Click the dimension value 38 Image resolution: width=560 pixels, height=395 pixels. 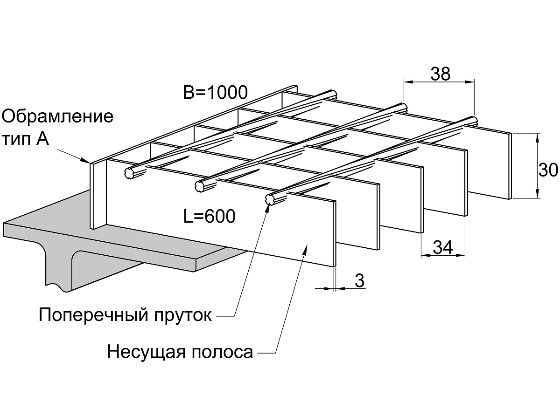pyautogui.click(x=441, y=74)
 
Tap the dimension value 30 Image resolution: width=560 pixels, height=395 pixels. pyautogui.click(x=548, y=170)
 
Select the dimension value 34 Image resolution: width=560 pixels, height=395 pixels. pyautogui.click(x=443, y=247)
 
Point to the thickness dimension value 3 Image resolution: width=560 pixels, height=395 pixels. pyautogui.click(x=359, y=280)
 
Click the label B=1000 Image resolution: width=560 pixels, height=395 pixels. pyautogui.click(x=215, y=92)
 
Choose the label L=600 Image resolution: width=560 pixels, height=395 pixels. pyautogui.click(x=210, y=216)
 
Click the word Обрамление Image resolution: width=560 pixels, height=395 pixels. pyautogui.click(x=58, y=116)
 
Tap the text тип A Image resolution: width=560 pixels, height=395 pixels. pyautogui.click(x=25, y=138)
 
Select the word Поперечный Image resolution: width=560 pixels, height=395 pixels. pyautogui.click(x=93, y=315)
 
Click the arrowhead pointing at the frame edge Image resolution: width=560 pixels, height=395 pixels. pyautogui.click(x=85, y=160)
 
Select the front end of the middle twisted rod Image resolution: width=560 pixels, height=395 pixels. pyautogui.click(x=200, y=186)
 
